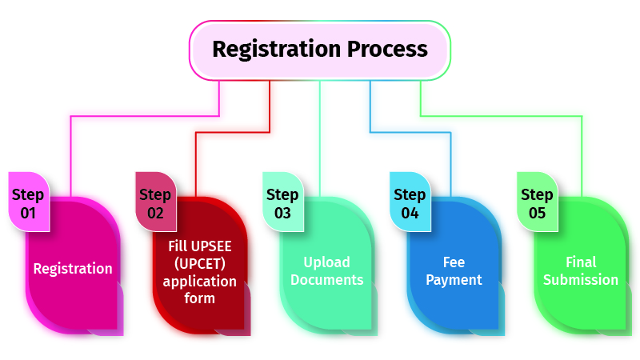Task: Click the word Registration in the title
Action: [x=277, y=49]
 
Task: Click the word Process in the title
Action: [x=387, y=49]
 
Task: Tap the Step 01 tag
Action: [x=28, y=203]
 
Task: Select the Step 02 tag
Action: [x=155, y=203]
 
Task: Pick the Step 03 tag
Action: [x=282, y=203]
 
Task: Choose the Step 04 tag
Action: [x=410, y=203]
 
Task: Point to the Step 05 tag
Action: [x=537, y=203]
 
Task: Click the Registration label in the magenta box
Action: [x=73, y=269]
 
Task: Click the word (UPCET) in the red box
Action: [x=200, y=264]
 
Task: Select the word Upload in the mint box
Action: [x=326, y=262]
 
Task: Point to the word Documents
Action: [x=326, y=280]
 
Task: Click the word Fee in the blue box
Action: [x=454, y=262]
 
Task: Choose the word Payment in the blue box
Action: [x=454, y=280]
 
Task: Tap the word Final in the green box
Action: [x=581, y=262]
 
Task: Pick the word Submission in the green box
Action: [x=581, y=280]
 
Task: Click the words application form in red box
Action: [x=200, y=290]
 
